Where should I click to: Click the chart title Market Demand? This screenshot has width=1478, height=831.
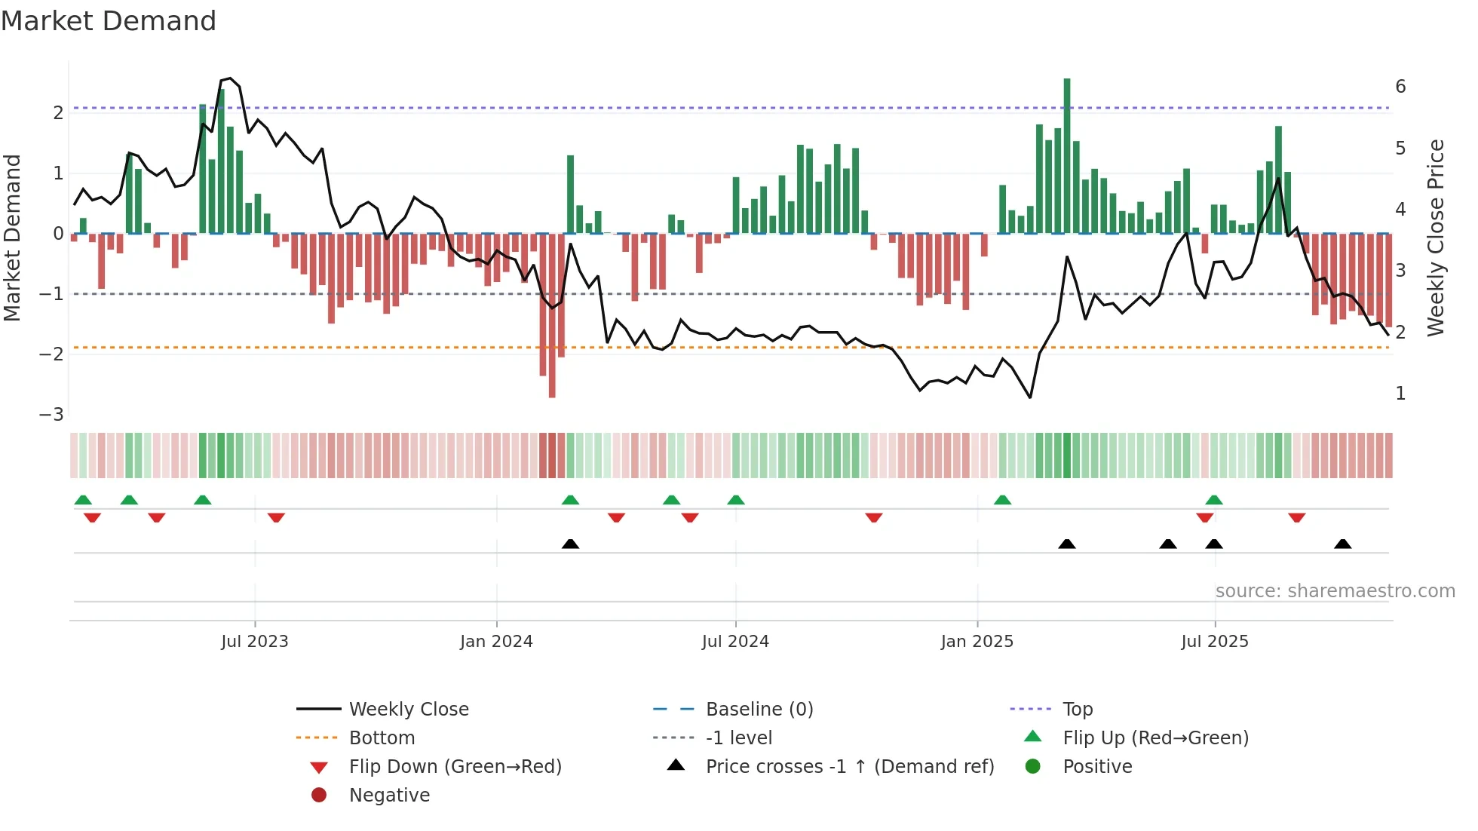tap(109, 21)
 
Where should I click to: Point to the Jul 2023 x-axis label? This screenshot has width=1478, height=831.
tap(255, 642)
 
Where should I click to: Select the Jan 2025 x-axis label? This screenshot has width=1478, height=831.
tap(977, 642)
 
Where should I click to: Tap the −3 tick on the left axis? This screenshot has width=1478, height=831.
tap(52, 415)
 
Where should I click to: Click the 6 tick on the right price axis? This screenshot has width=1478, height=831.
tap(1400, 87)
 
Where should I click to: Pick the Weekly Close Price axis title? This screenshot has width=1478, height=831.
tap(1436, 238)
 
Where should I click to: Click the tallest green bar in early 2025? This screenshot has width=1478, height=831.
tap(1067, 155)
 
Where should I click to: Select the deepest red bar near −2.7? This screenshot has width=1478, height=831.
tap(552, 317)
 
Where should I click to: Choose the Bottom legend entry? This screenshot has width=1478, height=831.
tap(382, 738)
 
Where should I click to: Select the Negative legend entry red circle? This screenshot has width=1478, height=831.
tap(319, 796)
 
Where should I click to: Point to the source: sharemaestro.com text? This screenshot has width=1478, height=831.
tap(1335, 591)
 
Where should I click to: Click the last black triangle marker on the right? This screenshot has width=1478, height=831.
tap(1343, 544)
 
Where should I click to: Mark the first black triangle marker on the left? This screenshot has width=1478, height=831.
tap(571, 544)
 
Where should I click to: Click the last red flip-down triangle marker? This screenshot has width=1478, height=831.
tap(1297, 518)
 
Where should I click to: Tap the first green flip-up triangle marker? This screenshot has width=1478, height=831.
tap(83, 500)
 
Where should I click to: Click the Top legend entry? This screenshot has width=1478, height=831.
tap(1078, 710)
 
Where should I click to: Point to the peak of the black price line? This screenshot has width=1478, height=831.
tap(229, 78)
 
